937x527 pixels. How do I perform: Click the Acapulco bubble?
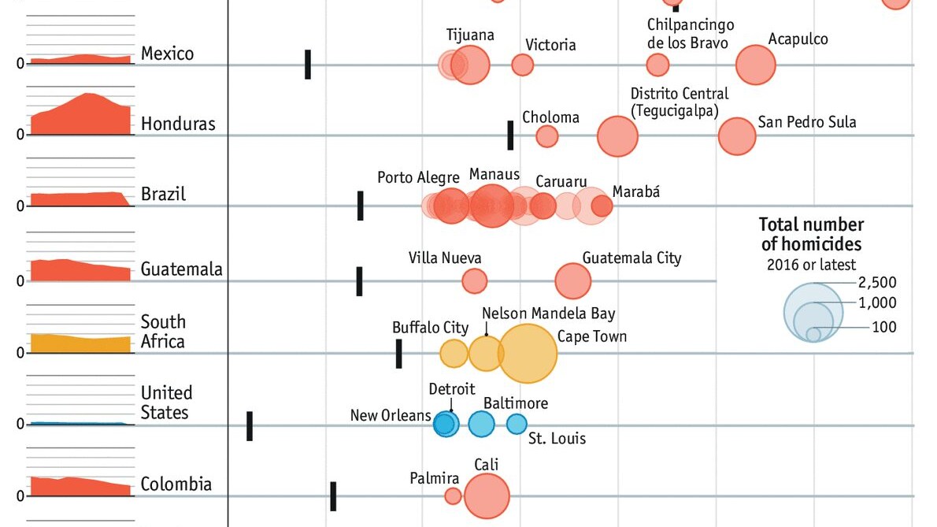coord(756,65)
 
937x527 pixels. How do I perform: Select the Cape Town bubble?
coord(528,353)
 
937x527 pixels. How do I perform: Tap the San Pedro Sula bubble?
coord(737,136)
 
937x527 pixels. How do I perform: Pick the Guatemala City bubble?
coord(573,281)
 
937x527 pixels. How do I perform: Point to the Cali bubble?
coord(487,496)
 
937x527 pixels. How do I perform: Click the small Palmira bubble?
coord(453,495)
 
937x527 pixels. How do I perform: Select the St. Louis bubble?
coord(517,424)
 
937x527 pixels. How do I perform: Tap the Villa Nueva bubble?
coord(474,280)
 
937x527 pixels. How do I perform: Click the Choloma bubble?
coord(547,136)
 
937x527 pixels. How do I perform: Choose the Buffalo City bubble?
coord(454,354)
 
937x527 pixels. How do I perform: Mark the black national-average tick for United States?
coord(250,425)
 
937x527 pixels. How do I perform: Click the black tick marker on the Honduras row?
coord(510,135)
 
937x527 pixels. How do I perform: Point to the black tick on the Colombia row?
coord(333,495)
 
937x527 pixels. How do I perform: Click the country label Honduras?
coord(178,124)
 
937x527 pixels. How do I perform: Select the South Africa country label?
coord(163,332)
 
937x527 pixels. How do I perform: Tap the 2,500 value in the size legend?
coord(877,283)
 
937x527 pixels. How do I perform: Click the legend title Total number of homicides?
coord(811,235)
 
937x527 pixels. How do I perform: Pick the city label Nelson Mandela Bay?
coord(549,314)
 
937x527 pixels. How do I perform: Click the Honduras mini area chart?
coord(81,115)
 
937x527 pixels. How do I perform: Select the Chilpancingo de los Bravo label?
coord(691,35)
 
